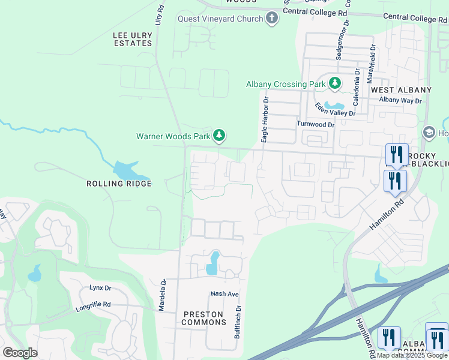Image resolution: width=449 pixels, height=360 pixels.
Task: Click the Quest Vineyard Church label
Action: [220, 19]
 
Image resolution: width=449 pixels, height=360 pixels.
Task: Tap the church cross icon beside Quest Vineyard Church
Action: [272, 19]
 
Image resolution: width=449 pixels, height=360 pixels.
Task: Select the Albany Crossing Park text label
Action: [286, 84]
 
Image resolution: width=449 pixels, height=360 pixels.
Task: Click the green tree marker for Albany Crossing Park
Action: [334, 84]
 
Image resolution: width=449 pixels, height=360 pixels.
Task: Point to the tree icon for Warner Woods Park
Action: [220, 136]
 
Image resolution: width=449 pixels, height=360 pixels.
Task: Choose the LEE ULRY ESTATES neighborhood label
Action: [133, 40]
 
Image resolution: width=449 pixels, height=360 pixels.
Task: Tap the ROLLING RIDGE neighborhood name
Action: [119, 184]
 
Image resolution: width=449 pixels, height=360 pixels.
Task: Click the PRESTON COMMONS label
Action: [203, 319]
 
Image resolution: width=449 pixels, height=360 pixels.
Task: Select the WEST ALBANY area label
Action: [401, 90]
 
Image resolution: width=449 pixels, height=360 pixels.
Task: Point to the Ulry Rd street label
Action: [160, 14]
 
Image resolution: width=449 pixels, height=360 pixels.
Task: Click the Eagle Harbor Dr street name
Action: [264, 119]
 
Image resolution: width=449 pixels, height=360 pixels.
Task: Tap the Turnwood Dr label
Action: [315, 124]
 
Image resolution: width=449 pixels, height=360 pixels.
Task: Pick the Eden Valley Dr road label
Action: [336, 109]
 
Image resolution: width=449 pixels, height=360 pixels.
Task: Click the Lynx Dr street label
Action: [100, 288]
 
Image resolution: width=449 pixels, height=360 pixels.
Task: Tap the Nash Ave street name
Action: [224, 294]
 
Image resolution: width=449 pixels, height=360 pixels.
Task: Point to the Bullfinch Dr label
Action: [238, 321]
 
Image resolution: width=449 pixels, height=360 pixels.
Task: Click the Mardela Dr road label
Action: [162, 293]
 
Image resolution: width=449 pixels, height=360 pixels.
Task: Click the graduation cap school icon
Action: [429, 132]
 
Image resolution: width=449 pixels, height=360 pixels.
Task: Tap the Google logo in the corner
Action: [20, 353]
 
